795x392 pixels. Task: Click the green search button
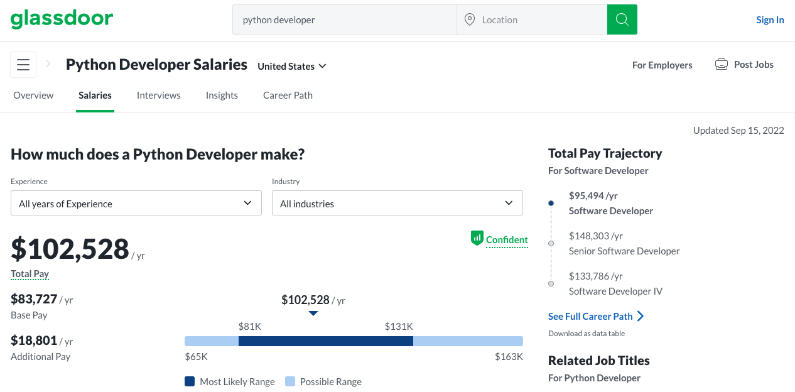coord(622,19)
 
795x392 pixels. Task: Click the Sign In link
coord(770,20)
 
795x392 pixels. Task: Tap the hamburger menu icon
coord(23,65)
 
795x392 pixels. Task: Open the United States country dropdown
coord(292,66)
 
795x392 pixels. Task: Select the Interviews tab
coord(159,95)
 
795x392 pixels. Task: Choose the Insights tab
coord(222,95)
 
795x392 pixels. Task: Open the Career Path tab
coord(288,95)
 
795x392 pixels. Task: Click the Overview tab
coord(33,95)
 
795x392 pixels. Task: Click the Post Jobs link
coord(744,65)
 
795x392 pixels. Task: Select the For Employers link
coord(662,65)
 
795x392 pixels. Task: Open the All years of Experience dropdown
coord(136,203)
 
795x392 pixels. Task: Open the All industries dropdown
coord(397,203)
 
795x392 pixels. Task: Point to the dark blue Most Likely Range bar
coord(326,341)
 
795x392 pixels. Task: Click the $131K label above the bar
coord(399,326)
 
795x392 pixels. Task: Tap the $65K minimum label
coord(197,356)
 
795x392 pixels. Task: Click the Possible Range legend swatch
coord(290,381)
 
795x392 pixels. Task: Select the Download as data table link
coord(587,334)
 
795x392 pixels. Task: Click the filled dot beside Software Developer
coord(551,203)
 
